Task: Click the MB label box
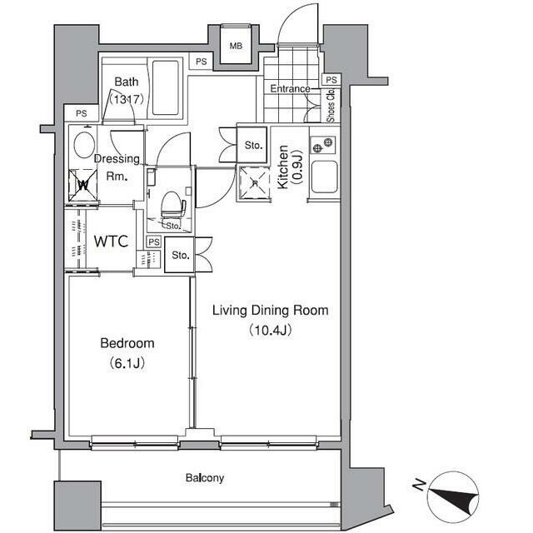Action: (236, 46)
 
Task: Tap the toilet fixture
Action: (173, 205)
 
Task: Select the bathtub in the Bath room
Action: (165, 88)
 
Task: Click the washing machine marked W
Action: (83, 185)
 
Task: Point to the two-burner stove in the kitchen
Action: (322, 144)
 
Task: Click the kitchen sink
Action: (325, 177)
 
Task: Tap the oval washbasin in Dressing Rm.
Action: (84, 145)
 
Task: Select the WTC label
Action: (111, 242)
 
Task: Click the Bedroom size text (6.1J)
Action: (127, 363)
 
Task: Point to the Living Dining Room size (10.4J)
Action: (271, 330)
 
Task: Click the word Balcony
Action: (205, 478)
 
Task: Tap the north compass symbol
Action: (452, 497)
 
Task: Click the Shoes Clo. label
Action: (331, 105)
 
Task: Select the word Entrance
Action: (290, 89)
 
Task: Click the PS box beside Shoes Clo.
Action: (331, 80)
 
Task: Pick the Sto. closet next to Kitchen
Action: (252, 145)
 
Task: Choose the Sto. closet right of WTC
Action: (180, 255)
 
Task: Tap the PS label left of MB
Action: (202, 62)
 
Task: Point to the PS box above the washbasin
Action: (82, 113)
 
